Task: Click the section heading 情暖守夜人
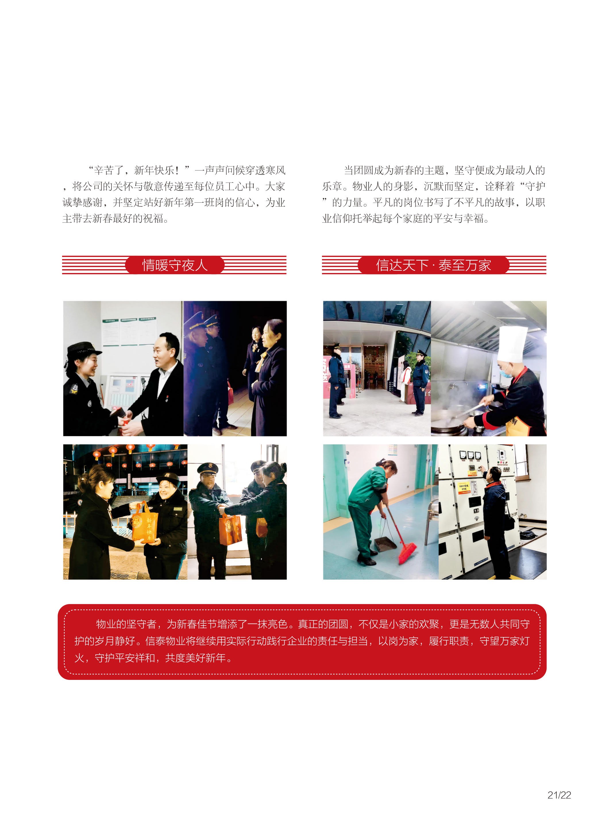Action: pos(175,265)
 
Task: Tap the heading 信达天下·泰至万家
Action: pos(433,265)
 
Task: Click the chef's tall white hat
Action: pos(513,344)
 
